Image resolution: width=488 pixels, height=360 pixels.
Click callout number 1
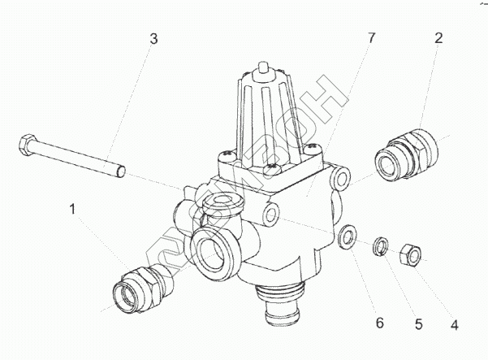coord(74,210)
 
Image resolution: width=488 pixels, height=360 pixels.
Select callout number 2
coord(438,37)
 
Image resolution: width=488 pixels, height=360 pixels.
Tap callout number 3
coord(153,38)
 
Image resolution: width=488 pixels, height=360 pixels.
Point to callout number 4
coord(455,326)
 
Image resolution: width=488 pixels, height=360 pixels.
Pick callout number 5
coord(418,324)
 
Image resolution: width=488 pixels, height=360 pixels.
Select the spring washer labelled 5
coord(380,246)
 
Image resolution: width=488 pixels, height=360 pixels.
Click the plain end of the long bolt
coord(119,170)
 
